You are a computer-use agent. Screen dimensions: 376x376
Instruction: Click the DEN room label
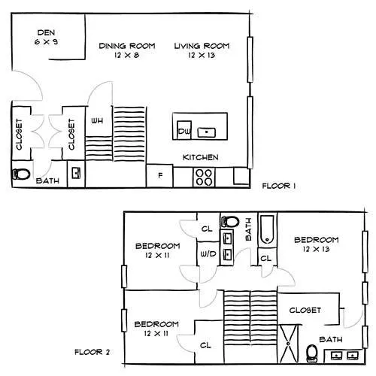click(x=46, y=32)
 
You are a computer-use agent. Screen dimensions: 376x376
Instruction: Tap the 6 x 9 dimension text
click(x=46, y=41)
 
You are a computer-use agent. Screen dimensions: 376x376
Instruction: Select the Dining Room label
click(x=127, y=46)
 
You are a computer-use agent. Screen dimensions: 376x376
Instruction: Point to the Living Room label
click(x=202, y=46)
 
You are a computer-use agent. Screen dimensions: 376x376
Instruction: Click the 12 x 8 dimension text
click(x=127, y=55)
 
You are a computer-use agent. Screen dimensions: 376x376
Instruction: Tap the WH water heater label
click(x=97, y=121)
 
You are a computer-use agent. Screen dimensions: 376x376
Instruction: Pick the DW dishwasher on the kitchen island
click(x=184, y=130)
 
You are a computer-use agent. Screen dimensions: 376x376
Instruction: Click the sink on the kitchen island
click(x=207, y=132)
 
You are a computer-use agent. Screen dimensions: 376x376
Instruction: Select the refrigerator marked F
click(x=159, y=176)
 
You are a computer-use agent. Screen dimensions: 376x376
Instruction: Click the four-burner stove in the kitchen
click(x=204, y=177)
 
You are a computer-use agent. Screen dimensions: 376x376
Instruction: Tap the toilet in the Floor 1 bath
click(x=21, y=174)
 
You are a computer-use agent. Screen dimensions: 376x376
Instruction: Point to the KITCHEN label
click(x=201, y=157)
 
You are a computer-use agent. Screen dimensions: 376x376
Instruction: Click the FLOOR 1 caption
click(x=279, y=186)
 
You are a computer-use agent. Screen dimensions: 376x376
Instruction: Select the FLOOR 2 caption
click(x=92, y=352)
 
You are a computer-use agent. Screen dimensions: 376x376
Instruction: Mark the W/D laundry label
click(x=208, y=254)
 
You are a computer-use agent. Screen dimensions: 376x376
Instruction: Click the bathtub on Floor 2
click(x=268, y=229)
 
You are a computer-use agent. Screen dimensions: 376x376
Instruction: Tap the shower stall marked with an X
click(x=289, y=344)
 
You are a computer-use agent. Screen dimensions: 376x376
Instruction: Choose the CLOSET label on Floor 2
click(x=305, y=311)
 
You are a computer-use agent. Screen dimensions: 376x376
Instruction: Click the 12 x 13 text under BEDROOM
click(x=316, y=249)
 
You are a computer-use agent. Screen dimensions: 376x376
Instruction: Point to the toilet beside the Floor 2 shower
click(x=312, y=353)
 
